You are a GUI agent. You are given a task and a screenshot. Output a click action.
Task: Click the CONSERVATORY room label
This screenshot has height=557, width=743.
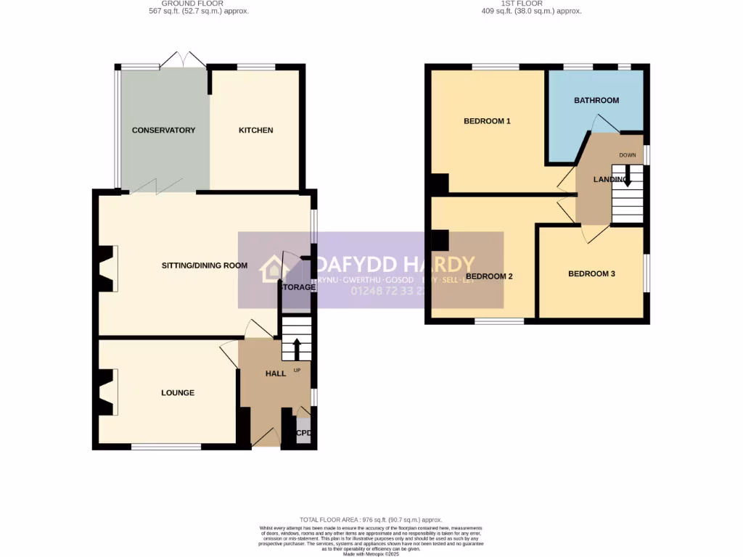pos(163,131)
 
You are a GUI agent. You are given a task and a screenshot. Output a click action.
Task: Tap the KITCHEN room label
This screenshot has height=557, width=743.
pos(256,131)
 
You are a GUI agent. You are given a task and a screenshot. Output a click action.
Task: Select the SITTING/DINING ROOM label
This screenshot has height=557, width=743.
pos(205,265)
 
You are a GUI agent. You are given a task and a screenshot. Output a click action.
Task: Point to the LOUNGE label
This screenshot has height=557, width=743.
pos(178,393)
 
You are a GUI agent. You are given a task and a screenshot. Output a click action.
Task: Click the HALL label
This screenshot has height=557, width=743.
pos(276,374)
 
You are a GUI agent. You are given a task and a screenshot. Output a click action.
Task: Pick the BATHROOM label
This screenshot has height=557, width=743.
pos(596,100)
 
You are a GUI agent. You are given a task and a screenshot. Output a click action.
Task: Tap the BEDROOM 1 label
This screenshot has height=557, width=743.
pos(487,121)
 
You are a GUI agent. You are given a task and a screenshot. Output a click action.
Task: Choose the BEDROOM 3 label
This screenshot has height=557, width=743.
pos(591,274)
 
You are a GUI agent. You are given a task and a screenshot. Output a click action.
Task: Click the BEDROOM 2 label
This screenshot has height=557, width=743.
pos(489,276)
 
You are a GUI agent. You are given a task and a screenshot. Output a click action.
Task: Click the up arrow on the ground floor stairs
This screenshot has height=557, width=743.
pos(297,349)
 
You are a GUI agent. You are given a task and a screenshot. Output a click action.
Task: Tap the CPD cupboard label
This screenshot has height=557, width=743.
pos(303,434)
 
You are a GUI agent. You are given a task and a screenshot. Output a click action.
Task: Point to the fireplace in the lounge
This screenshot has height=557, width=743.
pos(107,392)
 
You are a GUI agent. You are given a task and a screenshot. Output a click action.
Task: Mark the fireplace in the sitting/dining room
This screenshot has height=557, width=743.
pos(107,265)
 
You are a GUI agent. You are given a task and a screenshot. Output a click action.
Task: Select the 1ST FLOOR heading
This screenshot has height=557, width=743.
pos(532,4)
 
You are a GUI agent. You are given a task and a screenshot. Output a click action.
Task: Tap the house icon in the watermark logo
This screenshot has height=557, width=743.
pos(274,268)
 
